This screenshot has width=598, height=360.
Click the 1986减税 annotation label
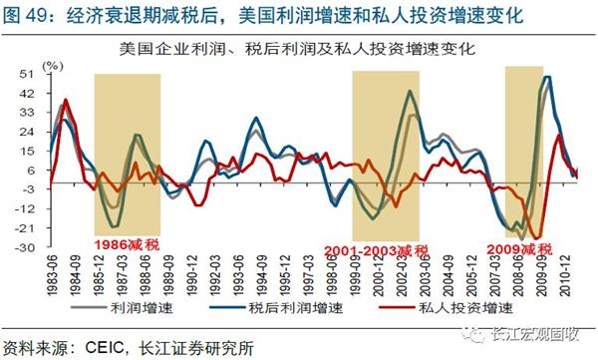click(x=127, y=242)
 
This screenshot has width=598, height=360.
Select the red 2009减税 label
click(x=519, y=247)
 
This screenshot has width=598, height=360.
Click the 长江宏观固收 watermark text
click(x=538, y=339)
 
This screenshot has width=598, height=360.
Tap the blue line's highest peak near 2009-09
click(x=548, y=77)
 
